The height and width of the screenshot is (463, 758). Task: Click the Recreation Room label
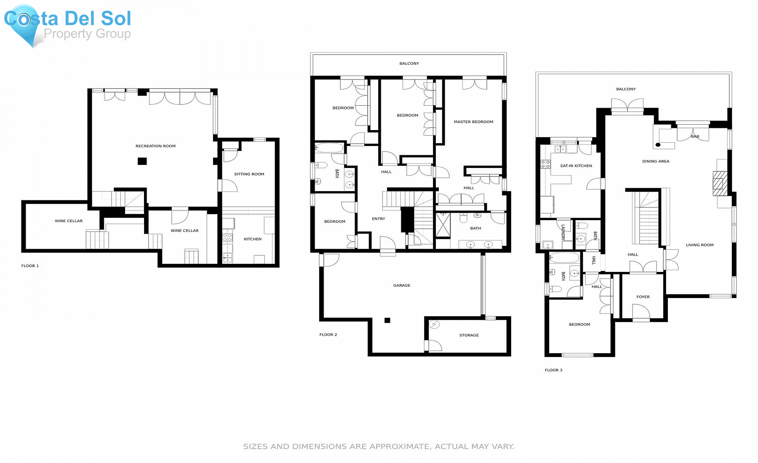(x=155, y=146)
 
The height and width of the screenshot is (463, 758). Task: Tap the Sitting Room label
(x=249, y=174)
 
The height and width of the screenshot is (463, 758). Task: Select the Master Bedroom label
(x=473, y=122)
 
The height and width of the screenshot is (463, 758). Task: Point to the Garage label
(x=402, y=285)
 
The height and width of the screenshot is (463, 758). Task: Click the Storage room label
(x=469, y=335)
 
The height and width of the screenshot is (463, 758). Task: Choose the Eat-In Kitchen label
(x=576, y=166)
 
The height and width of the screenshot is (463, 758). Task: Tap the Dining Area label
(x=656, y=161)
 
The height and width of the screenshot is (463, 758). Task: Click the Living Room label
(x=700, y=245)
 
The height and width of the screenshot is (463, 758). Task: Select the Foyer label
(x=643, y=297)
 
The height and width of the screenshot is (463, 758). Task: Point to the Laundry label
(x=563, y=232)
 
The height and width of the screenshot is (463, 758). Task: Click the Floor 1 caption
(x=30, y=266)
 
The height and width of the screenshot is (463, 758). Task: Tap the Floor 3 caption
(x=553, y=370)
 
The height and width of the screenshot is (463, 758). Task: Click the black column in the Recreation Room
(x=142, y=161)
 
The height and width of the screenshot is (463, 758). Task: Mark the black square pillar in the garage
(x=387, y=320)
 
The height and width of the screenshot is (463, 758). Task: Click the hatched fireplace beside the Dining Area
(x=720, y=183)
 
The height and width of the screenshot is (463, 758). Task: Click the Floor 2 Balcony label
(x=409, y=64)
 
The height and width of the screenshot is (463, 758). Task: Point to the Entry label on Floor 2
(x=379, y=219)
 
